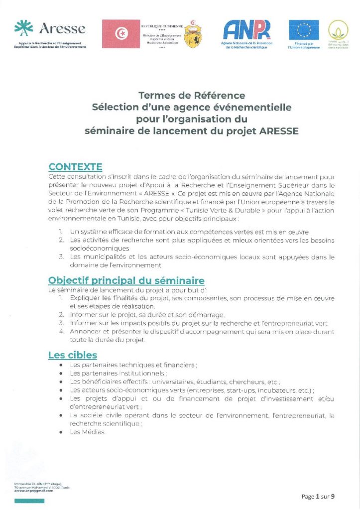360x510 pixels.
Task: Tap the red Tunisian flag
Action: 121,33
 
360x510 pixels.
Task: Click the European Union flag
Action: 304,30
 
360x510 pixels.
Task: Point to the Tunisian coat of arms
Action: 193,34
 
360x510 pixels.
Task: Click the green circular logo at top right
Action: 338,30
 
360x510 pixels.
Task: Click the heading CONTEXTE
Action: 75,167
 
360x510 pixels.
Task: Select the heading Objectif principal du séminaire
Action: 126,280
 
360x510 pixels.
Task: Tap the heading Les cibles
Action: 72,355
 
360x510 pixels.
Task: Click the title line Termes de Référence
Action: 192,95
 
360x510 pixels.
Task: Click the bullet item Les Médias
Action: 88,432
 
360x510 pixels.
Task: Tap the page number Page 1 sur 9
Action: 318,497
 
